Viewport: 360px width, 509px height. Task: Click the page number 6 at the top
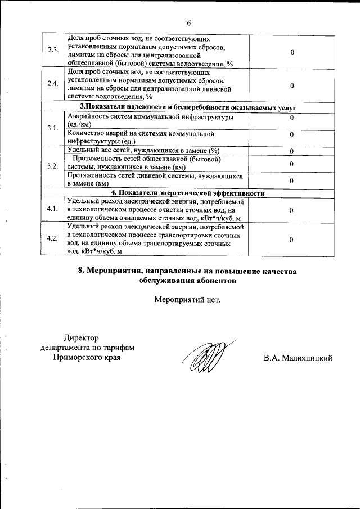click(188, 23)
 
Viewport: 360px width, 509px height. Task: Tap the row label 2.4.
click(53, 84)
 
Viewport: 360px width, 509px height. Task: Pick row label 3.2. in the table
click(53, 166)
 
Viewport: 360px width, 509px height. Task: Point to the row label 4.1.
click(53, 209)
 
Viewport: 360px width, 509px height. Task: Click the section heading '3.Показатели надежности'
click(188, 107)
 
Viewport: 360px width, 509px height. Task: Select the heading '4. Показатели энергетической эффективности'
click(188, 193)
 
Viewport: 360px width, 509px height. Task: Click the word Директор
click(81, 337)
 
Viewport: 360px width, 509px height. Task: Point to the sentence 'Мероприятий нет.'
click(188, 299)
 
